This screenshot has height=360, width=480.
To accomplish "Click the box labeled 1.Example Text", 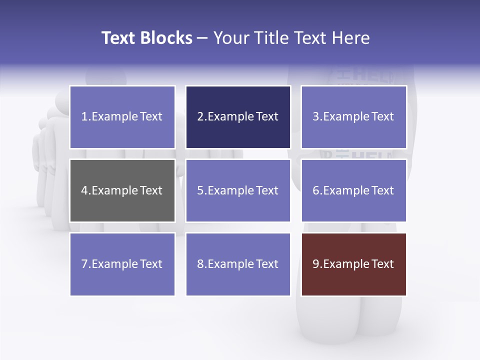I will (x=122, y=116).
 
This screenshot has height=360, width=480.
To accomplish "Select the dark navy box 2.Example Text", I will (x=238, y=116).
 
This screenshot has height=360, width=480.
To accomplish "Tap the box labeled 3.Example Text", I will (x=353, y=116).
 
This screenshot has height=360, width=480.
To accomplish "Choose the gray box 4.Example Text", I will (x=122, y=190).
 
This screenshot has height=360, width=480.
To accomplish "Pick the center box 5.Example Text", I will (x=238, y=190).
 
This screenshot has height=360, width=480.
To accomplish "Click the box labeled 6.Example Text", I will (x=353, y=190).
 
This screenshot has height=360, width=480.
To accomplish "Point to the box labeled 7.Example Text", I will (x=122, y=264).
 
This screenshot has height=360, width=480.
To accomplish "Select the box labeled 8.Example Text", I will (x=238, y=264).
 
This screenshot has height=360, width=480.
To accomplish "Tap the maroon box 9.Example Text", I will (x=353, y=264).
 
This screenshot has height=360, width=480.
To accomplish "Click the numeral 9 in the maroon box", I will (x=316, y=264).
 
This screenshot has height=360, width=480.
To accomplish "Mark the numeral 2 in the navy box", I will (x=200, y=116).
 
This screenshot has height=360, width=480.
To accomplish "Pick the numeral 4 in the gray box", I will (x=84, y=190).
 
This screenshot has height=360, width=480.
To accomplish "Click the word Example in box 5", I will (x=230, y=190).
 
